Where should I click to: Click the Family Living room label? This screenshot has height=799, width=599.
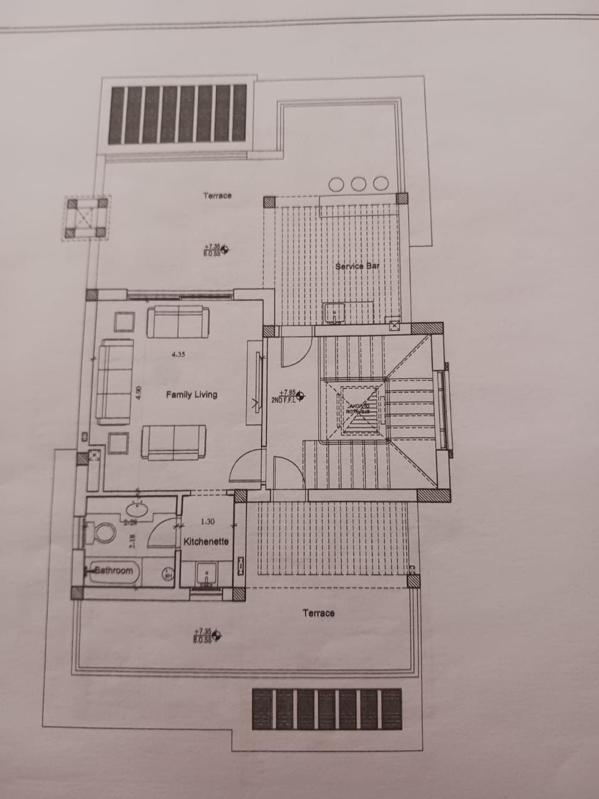tap(192, 395)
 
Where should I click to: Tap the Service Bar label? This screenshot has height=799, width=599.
tap(358, 267)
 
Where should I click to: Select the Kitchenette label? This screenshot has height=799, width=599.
tap(206, 542)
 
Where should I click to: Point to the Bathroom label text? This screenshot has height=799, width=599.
tap(114, 570)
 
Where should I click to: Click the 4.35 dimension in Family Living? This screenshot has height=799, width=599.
tap(178, 355)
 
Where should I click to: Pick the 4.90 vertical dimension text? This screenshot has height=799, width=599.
tap(139, 393)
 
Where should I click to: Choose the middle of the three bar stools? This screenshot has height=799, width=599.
tap(358, 184)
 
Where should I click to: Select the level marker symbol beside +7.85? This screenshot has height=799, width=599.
tap(301, 395)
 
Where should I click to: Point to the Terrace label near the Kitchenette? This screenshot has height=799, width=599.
tap(318, 613)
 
